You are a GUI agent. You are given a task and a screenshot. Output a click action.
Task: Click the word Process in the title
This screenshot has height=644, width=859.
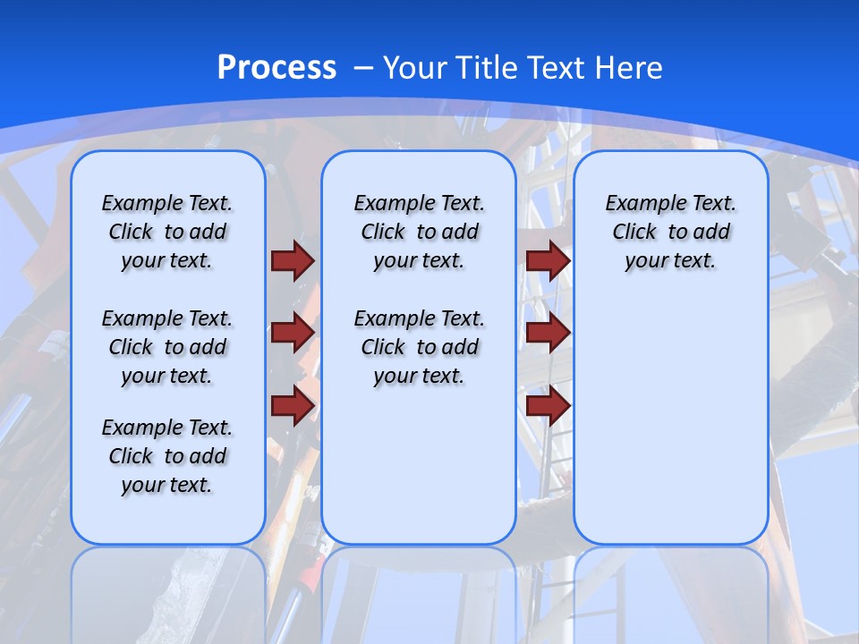click(x=276, y=68)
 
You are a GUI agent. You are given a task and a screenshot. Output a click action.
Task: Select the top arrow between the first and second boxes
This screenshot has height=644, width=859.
click(x=293, y=260)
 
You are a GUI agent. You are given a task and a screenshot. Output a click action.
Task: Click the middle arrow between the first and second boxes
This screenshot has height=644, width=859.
click(x=293, y=333)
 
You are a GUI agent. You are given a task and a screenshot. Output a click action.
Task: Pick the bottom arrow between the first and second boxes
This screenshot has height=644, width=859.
click(x=293, y=405)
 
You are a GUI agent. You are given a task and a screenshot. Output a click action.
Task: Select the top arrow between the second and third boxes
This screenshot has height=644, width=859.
click(x=548, y=260)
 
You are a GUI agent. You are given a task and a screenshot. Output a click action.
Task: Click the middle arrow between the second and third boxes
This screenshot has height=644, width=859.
click(x=548, y=333)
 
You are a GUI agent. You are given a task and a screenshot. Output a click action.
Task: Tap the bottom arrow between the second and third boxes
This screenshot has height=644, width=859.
click(x=548, y=405)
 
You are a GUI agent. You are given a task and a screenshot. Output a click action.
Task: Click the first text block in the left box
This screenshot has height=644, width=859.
click(x=167, y=232)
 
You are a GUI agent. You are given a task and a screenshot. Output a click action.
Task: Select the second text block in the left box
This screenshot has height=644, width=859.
click(x=167, y=347)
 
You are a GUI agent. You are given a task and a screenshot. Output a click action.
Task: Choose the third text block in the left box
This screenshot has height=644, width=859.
click(x=167, y=456)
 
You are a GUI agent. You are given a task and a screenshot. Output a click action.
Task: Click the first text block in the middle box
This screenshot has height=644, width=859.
click(x=419, y=232)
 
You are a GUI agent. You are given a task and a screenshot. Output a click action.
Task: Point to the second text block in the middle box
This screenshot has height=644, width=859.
click(x=419, y=347)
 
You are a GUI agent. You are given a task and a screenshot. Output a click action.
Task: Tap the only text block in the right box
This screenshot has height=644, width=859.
click(x=670, y=232)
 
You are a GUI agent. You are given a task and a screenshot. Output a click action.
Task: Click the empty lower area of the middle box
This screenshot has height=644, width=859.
click(x=419, y=465)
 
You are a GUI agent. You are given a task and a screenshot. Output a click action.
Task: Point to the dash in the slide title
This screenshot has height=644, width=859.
click(x=363, y=68)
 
